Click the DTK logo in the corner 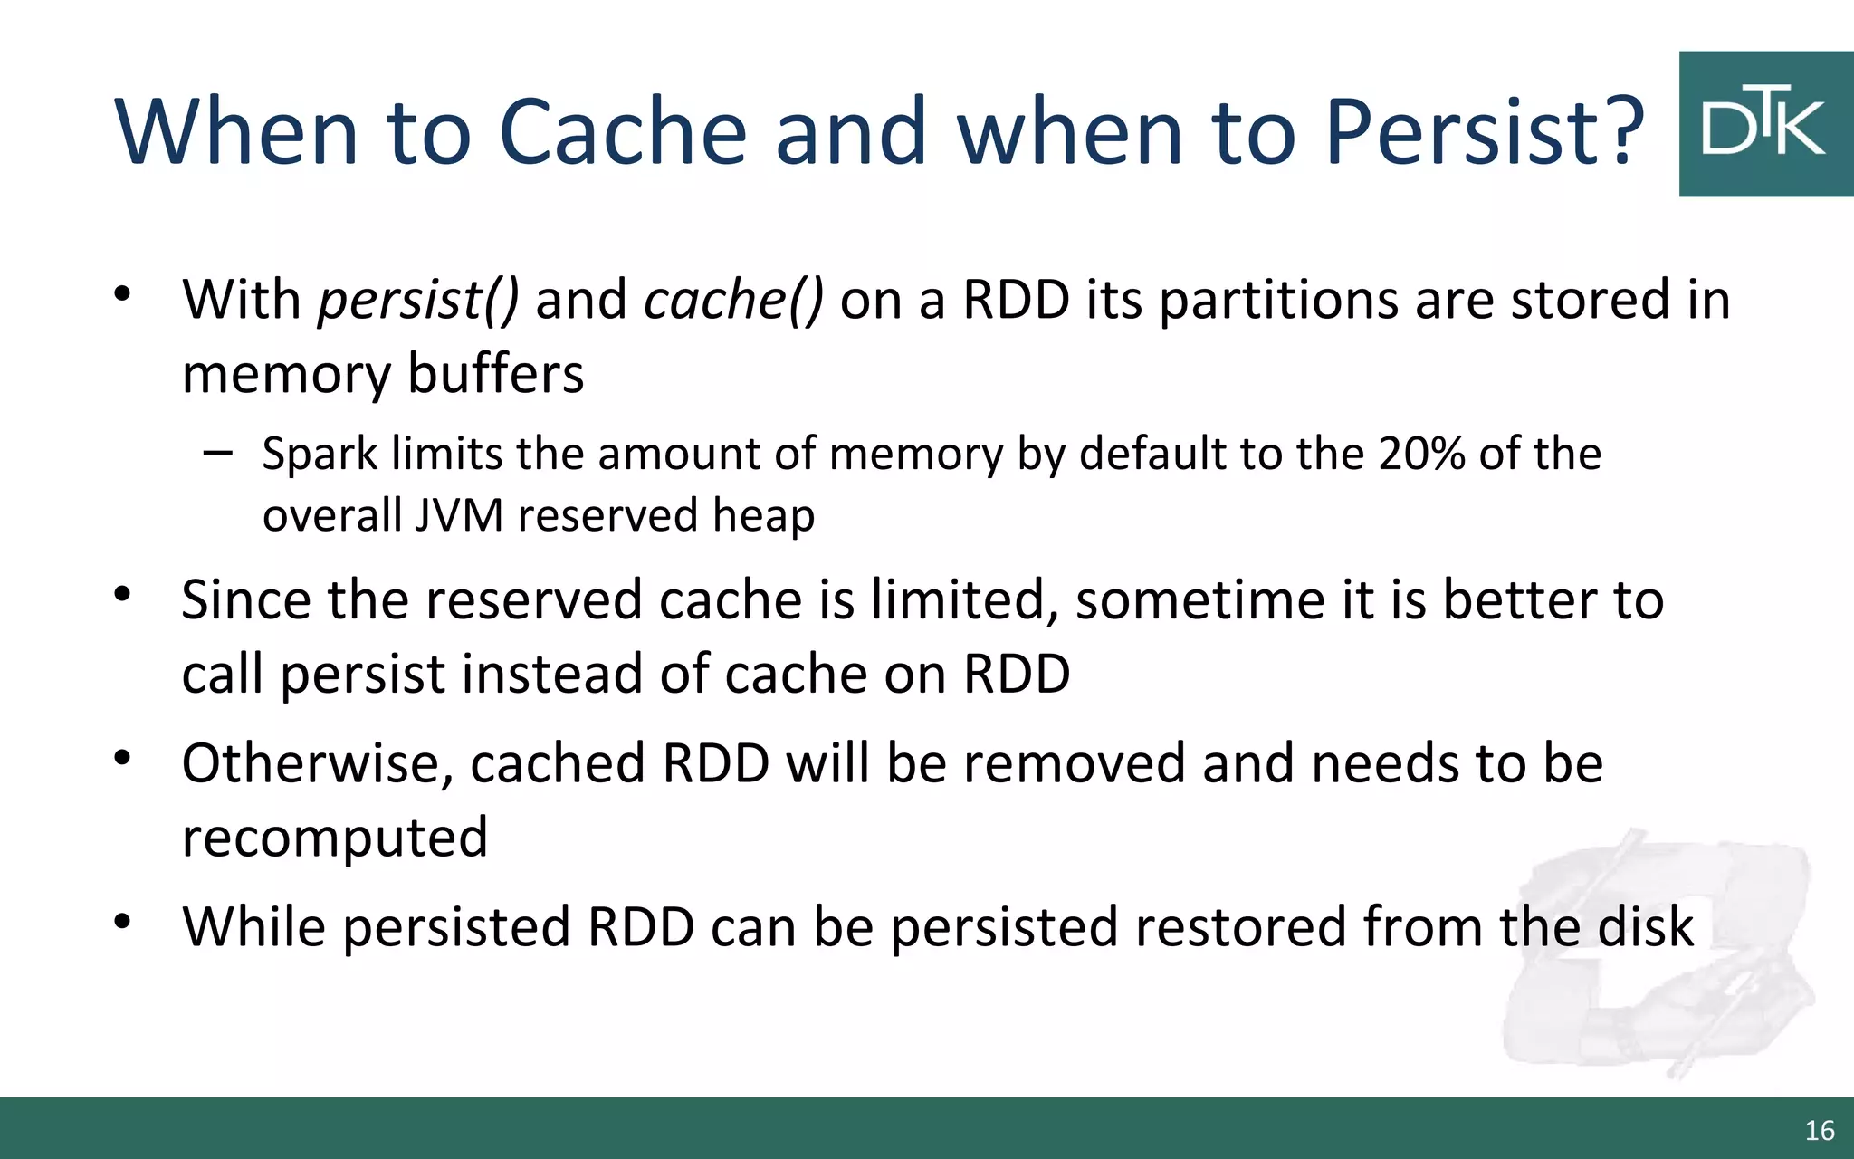pos(1764,124)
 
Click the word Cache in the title pos(623,131)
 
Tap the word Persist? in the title pos(1484,131)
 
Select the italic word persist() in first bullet pos(417,300)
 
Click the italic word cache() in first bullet pos(733,300)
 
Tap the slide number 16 pos(1819,1130)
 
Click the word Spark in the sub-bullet pos(320,455)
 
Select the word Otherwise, pos(317,763)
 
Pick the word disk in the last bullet pos(1645,926)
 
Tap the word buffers pos(495,374)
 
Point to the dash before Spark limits pos(217,451)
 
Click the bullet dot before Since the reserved pos(123,595)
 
